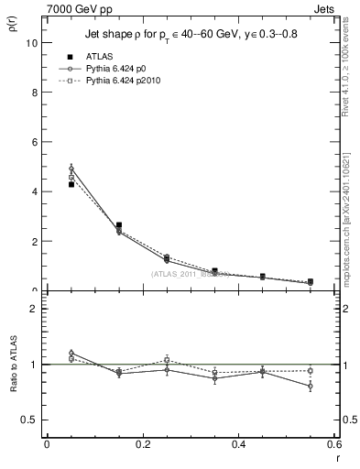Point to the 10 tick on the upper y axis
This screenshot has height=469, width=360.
click(x=33, y=43)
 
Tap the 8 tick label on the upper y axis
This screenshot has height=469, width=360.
click(x=35, y=93)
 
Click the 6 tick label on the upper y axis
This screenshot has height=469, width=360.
click(x=35, y=142)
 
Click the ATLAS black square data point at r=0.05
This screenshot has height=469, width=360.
click(x=71, y=184)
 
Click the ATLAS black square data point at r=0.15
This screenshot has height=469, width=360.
click(x=119, y=224)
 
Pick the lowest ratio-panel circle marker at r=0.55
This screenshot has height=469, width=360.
click(x=311, y=387)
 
